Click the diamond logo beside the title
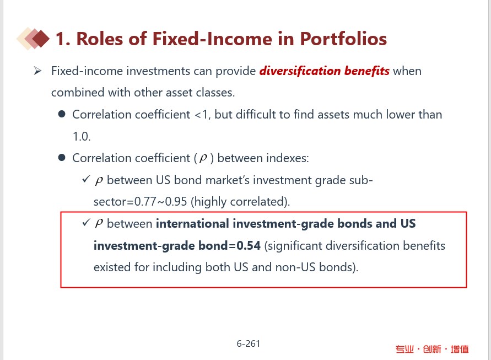33,39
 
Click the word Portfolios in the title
343,39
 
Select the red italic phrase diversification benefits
325,71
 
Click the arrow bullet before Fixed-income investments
37,71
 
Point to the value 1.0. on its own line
82,136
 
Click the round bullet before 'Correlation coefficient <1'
62,114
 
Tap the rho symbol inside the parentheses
203,158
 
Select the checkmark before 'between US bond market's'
86,179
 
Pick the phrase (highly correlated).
240,202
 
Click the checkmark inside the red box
86,223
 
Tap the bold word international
192,224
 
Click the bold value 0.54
249,245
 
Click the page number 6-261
249,343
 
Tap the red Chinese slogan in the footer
432,349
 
